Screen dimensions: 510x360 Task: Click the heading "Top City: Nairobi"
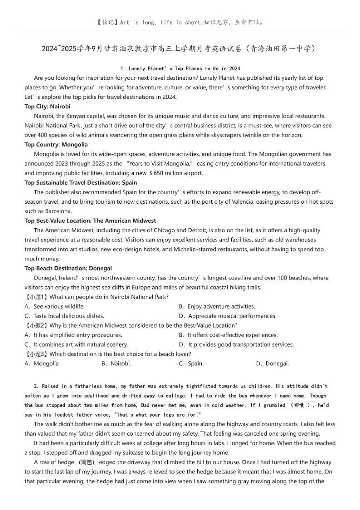[x=48, y=107]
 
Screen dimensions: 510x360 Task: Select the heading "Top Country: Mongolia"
[x=56, y=145]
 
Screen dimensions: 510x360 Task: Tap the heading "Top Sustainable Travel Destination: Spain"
[x=81, y=183]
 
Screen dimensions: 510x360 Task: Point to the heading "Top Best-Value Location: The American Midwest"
[x=90, y=221]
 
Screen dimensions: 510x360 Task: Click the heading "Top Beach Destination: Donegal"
[x=68, y=268]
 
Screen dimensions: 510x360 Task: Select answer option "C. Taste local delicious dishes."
[x=64, y=316]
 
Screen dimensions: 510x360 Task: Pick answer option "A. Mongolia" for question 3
[x=42, y=363]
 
